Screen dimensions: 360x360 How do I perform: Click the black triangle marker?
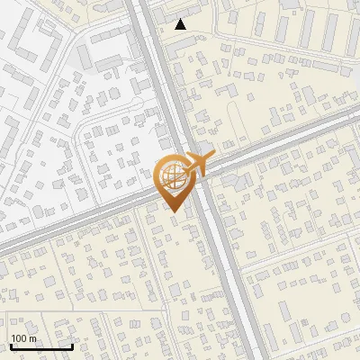pyautogui.click(x=181, y=24)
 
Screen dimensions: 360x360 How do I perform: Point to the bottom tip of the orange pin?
pyautogui.click(x=173, y=211)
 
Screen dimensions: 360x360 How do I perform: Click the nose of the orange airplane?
pyautogui.click(x=212, y=156)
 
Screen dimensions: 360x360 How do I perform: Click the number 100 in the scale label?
pyautogui.click(x=20, y=338)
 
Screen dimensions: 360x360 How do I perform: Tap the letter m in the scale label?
pyautogui.click(x=33, y=338)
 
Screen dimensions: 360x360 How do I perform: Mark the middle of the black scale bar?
pyautogui.click(x=41, y=346)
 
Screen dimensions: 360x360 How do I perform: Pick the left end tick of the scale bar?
pyautogui.click(x=11, y=345)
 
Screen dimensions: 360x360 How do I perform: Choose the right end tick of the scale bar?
pyautogui.click(x=72, y=345)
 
